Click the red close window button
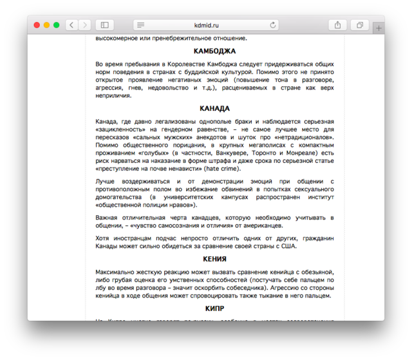click(x=37, y=25)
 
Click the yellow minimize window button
click(x=46, y=25)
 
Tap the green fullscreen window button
click(x=56, y=25)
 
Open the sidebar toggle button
click(x=103, y=25)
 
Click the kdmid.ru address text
click(x=207, y=25)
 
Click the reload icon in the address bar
click(x=273, y=25)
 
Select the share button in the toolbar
click(x=337, y=25)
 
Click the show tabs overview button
click(x=360, y=25)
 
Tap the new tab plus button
click(x=379, y=28)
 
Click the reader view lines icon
click(x=140, y=25)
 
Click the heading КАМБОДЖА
click(x=214, y=51)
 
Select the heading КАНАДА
click(x=214, y=108)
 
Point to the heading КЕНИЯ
click(x=214, y=259)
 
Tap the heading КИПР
click(x=214, y=309)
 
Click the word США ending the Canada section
click(x=289, y=245)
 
